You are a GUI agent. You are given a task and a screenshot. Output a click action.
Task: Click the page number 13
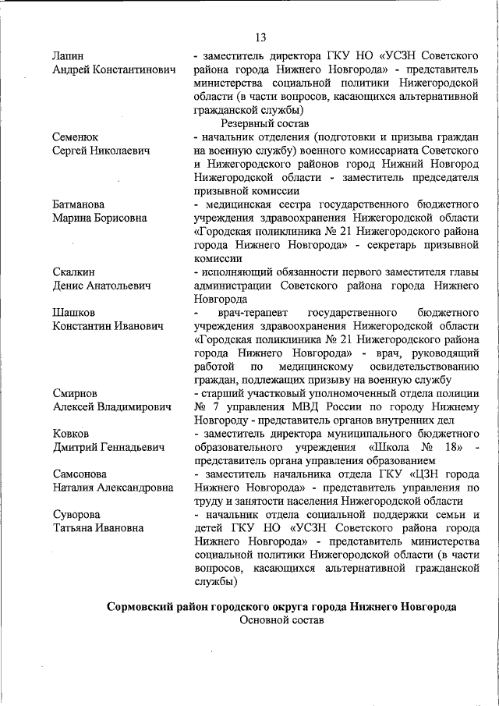tap(260, 37)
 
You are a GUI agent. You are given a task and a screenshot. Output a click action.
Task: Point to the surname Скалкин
tap(74, 271)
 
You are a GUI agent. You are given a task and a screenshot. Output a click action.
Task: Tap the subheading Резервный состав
tap(264, 123)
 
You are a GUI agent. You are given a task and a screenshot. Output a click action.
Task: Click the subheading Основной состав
tap(281, 621)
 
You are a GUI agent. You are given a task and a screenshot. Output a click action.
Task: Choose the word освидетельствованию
tap(424, 366)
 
